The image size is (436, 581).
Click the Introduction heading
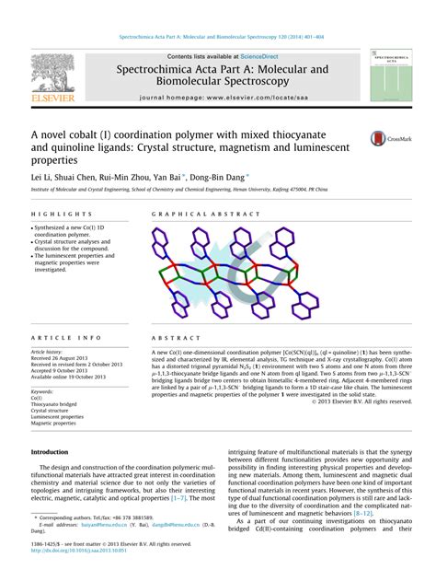(x=50, y=452)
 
